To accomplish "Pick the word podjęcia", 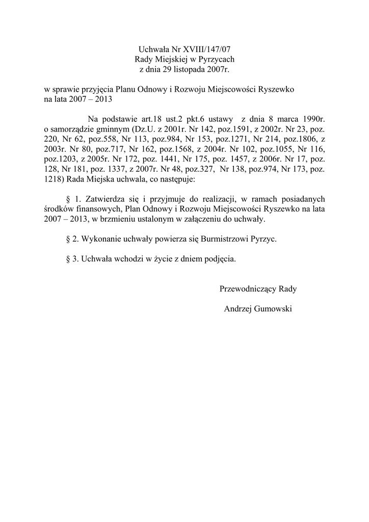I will click(220, 258).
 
